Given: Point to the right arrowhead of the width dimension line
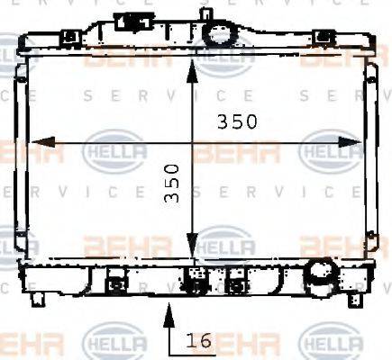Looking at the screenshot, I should click(x=356, y=141).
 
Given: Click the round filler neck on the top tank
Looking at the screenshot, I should click(x=217, y=34).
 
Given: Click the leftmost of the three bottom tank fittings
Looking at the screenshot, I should click(x=114, y=283).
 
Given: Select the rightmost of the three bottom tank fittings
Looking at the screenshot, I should click(x=236, y=283).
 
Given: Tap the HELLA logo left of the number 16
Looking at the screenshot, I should click(x=114, y=342).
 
